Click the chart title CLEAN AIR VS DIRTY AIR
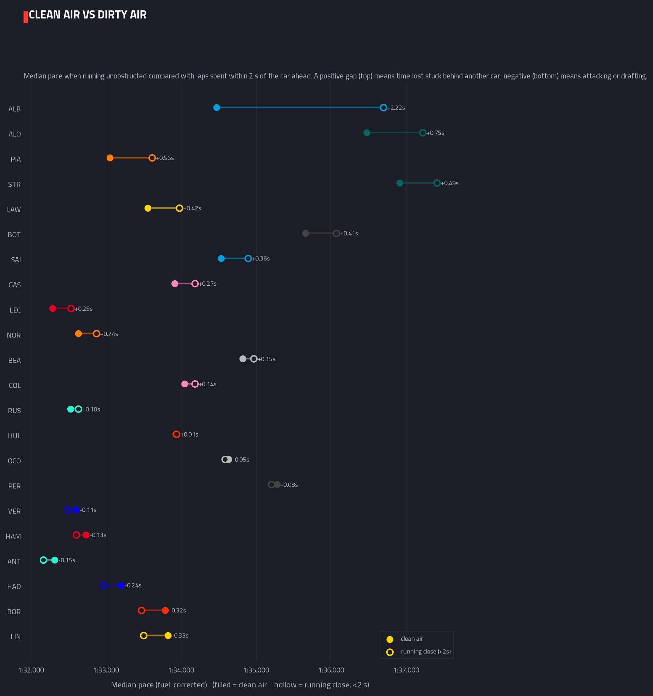88,15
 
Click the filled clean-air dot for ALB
216,108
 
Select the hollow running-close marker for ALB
383,108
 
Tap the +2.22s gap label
396,108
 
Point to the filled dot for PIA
110,158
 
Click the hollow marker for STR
437,183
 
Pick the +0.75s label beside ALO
435,133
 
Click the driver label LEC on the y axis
15,310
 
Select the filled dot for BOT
305,234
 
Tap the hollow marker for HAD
103,585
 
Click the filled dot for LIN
168,636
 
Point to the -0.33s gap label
180,636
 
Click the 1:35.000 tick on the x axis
256,670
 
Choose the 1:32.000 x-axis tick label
31,670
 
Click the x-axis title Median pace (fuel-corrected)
159,685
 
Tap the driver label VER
15,511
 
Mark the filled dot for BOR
165,611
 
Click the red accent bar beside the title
26,17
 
